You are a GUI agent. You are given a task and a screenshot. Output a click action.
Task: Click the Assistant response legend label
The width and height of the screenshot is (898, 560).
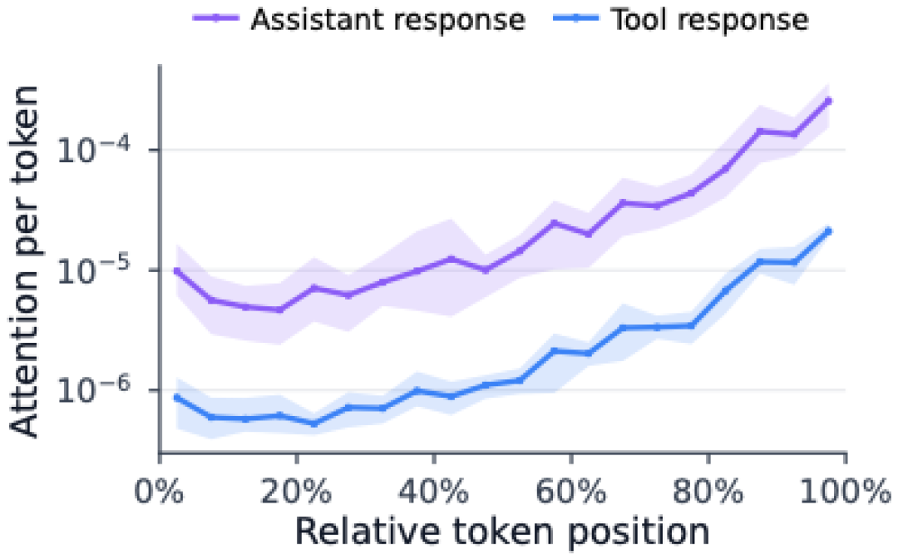pyautogui.click(x=387, y=20)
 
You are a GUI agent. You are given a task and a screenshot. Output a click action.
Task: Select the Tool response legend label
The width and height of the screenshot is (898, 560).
pyautogui.click(x=709, y=20)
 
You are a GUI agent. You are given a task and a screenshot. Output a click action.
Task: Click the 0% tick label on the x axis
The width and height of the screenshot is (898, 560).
pyautogui.click(x=159, y=491)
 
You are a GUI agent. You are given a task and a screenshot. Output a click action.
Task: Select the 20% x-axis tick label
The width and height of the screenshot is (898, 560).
pyautogui.click(x=296, y=491)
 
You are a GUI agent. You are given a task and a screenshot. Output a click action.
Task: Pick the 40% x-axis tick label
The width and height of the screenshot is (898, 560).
pyautogui.click(x=433, y=491)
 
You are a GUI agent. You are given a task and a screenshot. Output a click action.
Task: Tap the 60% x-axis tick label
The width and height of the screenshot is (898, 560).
pyautogui.click(x=571, y=491)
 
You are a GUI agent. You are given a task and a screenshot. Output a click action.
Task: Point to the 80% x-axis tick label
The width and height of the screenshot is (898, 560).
pyautogui.click(x=708, y=491)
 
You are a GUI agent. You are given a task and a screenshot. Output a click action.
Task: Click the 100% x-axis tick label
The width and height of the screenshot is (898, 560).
pyautogui.click(x=846, y=491)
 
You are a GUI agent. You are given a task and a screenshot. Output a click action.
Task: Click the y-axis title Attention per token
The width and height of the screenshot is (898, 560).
pyautogui.click(x=24, y=261)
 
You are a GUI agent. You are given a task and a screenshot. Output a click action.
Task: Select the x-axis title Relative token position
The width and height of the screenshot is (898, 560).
pyautogui.click(x=502, y=532)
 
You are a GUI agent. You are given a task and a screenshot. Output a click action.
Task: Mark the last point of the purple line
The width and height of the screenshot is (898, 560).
pyautogui.click(x=827, y=101)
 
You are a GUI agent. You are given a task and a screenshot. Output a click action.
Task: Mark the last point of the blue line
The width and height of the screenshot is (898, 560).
pyautogui.click(x=827, y=231)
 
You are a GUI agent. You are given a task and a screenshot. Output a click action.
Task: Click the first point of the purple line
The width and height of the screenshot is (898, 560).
pyautogui.click(x=177, y=270)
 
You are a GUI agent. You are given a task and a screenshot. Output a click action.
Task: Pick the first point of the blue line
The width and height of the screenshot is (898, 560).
pyautogui.click(x=177, y=397)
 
